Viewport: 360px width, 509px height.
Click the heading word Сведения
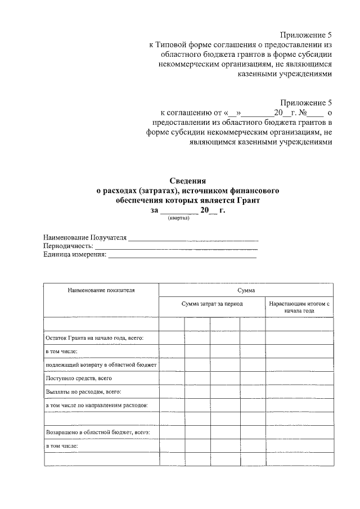click(188, 181)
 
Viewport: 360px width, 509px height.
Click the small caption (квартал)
click(178, 219)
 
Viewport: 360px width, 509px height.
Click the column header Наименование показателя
click(101, 290)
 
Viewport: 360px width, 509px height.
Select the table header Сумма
click(246, 290)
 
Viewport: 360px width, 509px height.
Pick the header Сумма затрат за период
click(212, 303)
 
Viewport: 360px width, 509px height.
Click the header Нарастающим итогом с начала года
click(299, 307)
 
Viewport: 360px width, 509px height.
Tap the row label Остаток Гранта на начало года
click(94, 337)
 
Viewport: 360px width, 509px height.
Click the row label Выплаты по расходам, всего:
click(84, 391)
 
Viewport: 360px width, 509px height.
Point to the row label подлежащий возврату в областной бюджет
click(101, 364)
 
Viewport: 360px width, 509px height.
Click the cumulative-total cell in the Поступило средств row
click(299, 378)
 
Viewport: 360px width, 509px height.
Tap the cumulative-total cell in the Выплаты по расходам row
click(299, 391)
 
